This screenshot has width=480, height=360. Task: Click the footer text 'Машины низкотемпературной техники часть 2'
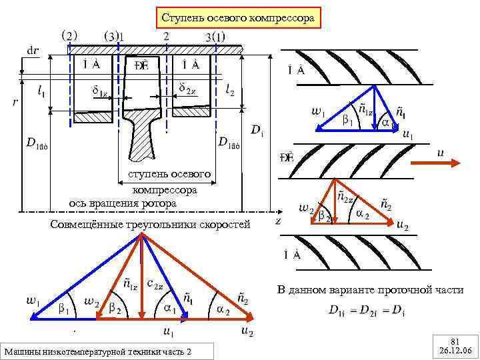(106, 351)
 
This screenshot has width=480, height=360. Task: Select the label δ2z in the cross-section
(187, 88)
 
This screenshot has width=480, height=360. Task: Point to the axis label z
(277, 219)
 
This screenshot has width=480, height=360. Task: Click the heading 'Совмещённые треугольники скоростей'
(150, 225)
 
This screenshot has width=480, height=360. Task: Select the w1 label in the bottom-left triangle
(32, 301)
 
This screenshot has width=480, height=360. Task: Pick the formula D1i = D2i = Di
(367, 310)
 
